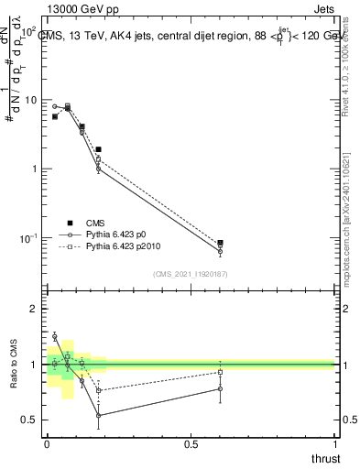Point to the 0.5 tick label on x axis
click(190, 443)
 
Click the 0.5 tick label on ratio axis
click(33, 420)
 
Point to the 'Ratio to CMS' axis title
click(15, 364)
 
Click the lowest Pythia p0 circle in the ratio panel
click(98, 415)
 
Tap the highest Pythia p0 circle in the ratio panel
click(54, 337)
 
